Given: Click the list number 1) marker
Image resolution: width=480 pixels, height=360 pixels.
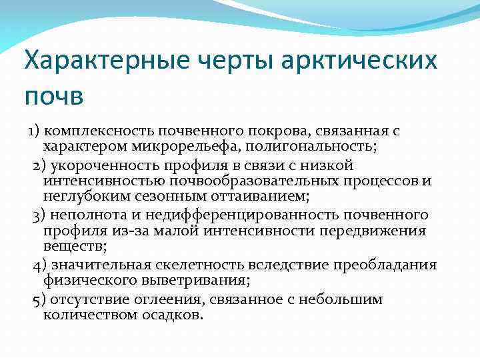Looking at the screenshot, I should click(x=34, y=131).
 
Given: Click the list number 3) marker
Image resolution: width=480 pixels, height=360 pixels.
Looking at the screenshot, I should click(x=39, y=214).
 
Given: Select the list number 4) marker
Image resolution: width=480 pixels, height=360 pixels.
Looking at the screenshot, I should click(x=39, y=265).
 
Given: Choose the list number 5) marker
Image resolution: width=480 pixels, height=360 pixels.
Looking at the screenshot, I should click(x=39, y=299).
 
